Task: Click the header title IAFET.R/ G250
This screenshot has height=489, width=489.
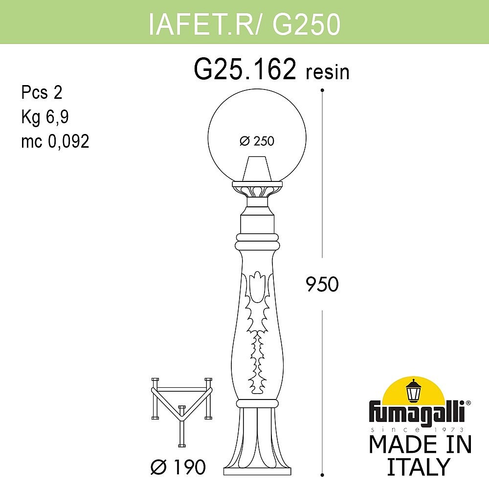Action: pos(244,24)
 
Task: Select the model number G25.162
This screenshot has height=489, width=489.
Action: pos(245,69)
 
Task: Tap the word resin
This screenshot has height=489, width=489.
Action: pos(328,72)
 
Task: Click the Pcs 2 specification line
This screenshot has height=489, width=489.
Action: pos(42,92)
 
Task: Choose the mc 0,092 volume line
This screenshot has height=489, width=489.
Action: pos(55,141)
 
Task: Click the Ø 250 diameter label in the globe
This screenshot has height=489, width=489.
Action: pos(257,141)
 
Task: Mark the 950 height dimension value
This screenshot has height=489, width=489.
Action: pos(322,284)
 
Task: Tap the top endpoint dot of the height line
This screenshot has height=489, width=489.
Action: pos(322,90)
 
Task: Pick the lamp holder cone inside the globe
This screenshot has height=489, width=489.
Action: pos(257,169)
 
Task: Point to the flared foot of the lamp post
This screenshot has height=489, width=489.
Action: pos(257,445)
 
